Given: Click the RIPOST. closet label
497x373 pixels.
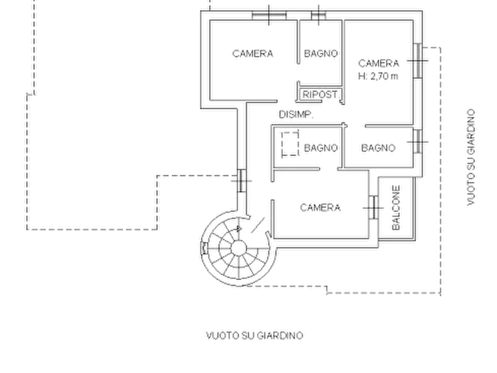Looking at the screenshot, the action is [320, 95].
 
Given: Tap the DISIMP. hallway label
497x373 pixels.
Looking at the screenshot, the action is [296, 115].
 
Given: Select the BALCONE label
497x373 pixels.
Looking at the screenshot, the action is [396, 208].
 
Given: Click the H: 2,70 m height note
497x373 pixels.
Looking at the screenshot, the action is [378, 76].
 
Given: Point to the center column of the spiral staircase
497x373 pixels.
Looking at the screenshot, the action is [239, 248].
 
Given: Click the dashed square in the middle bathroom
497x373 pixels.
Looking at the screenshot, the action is [291, 144].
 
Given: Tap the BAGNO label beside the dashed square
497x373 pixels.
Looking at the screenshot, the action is [321, 148].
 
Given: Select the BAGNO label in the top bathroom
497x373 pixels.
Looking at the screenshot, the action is [321, 53].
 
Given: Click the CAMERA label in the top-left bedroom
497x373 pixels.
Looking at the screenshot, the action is [253, 53].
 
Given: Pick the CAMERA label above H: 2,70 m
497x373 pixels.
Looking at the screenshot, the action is [378, 63].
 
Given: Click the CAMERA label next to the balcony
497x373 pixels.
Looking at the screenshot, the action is [320, 208].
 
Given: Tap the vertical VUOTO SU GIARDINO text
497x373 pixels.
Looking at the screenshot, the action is [471, 158].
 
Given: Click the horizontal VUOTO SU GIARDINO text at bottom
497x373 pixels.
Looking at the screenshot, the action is [254, 335].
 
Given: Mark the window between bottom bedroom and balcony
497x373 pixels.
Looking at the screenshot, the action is [373, 208].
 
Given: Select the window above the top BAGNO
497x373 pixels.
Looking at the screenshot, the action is [318, 15].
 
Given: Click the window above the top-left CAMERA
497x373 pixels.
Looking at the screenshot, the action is [269, 15].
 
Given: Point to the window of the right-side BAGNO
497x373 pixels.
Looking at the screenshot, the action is [418, 141].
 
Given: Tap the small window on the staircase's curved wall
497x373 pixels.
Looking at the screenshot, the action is [204, 248].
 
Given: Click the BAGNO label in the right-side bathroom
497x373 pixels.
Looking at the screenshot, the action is [378, 148].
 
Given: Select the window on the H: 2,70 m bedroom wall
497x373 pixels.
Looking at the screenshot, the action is [418, 60].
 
